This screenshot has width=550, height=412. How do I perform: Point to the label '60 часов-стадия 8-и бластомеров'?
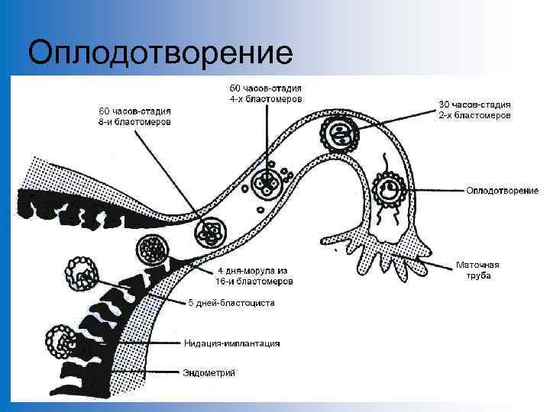click(x=133, y=116)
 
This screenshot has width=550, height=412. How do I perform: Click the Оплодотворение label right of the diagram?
click(x=502, y=190)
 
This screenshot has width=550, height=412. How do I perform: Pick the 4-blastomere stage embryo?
click(x=267, y=184)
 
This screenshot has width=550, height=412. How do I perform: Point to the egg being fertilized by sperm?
click(x=390, y=188)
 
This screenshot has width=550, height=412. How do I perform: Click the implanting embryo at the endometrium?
click(x=61, y=341)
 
